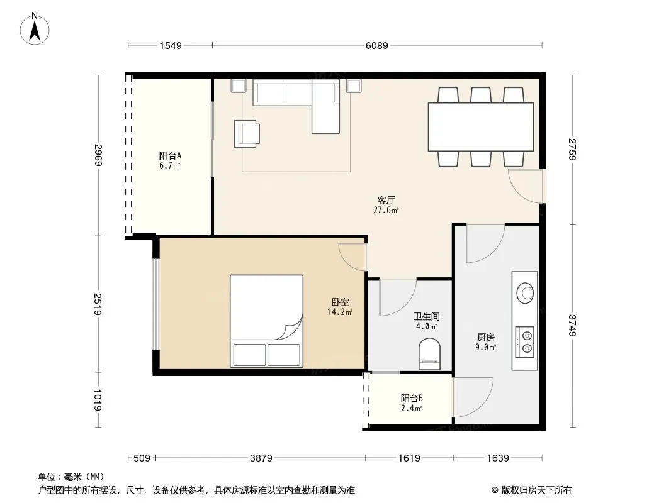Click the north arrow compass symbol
pyautogui.click(x=35, y=29)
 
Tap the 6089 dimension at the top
pyautogui.click(x=376, y=46)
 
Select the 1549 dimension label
pyautogui.click(x=171, y=46)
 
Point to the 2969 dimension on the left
pyautogui.click(x=98, y=155)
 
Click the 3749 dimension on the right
pyautogui.click(x=573, y=325)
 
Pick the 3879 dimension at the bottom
pyautogui.click(x=261, y=458)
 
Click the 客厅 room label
pyautogui.click(x=386, y=200)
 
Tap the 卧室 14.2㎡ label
pyautogui.click(x=340, y=307)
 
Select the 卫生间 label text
pyautogui.click(x=427, y=317)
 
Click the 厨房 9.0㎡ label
pyautogui.click(x=486, y=342)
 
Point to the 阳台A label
pyautogui.click(x=170, y=155)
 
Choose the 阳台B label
pyautogui.click(x=412, y=398)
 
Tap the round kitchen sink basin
pyautogui.click(x=525, y=293)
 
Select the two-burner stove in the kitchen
pyautogui.click(x=524, y=342)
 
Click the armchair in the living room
pyautogui.click(x=247, y=134)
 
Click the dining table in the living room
pyautogui.click(x=480, y=127)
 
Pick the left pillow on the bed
pyautogui.click(x=249, y=355)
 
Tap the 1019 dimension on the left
pyautogui.click(x=98, y=400)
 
